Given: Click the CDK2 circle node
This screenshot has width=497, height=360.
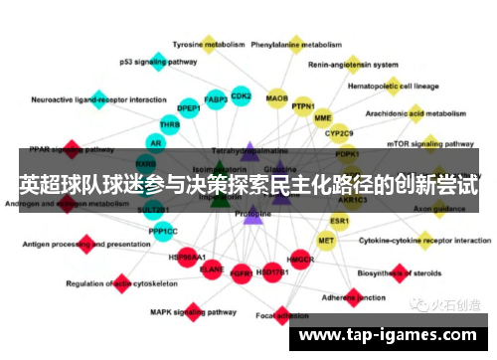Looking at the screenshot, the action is click(x=241, y=95).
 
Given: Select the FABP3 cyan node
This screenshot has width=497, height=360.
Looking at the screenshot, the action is click(x=216, y=99).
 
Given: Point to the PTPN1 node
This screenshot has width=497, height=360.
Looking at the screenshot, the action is click(x=303, y=107).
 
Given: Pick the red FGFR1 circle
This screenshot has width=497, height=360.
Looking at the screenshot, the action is click(x=240, y=270).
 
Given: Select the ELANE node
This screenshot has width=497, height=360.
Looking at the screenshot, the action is click(x=212, y=269).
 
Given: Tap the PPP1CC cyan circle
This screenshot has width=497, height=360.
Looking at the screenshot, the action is click(x=163, y=231).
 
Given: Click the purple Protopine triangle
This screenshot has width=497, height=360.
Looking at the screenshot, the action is click(x=252, y=213).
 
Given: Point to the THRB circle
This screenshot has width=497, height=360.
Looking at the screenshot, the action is click(x=170, y=125).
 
